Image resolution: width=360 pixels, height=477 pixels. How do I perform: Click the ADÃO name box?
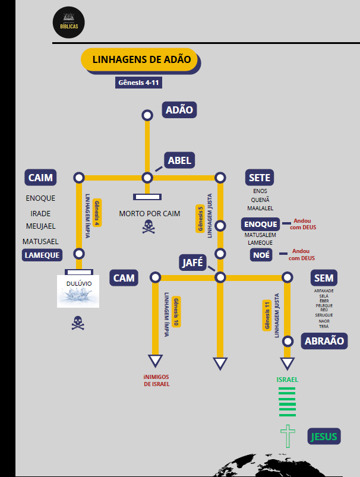(x=179, y=110)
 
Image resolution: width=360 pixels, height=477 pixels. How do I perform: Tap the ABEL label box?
(x=179, y=160)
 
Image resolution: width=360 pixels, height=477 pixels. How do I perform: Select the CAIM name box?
(x=40, y=178)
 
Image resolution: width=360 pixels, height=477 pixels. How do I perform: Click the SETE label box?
(x=260, y=178)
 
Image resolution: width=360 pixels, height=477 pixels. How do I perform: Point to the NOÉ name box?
(x=261, y=255)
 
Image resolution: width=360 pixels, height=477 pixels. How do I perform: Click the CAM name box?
(x=124, y=277)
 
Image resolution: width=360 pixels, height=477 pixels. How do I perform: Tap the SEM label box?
(x=324, y=277)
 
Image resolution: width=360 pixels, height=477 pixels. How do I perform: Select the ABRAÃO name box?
(x=324, y=341)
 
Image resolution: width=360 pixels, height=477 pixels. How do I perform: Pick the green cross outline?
(x=288, y=437)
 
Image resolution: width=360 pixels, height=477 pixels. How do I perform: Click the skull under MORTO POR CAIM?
(x=148, y=226)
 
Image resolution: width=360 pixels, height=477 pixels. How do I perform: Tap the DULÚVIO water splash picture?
(x=78, y=291)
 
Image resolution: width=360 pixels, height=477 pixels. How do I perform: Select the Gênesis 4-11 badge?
(x=139, y=83)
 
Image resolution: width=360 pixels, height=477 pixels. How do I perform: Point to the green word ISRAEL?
(x=288, y=379)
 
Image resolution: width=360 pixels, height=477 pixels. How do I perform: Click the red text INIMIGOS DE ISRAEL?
(x=156, y=380)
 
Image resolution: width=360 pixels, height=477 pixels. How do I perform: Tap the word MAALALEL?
(x=260, y=209)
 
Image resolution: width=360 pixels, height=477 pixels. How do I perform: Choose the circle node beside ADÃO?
(x=147, y=115)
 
